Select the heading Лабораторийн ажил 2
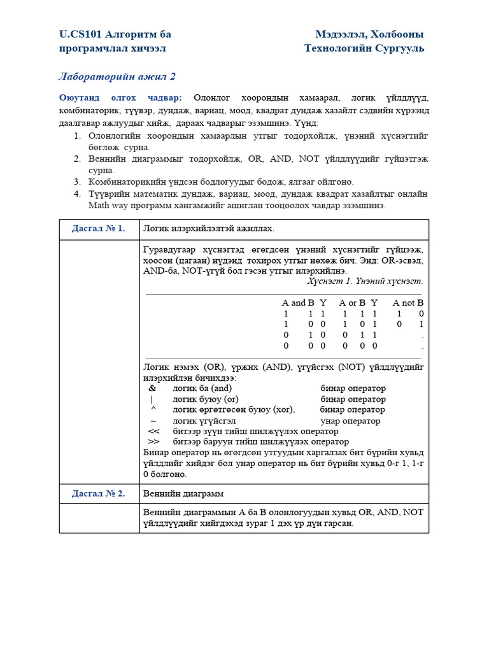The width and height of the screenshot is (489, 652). point(117,77)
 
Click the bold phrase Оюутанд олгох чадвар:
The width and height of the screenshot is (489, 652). point(120,97)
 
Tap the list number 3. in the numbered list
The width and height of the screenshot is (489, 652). point(77,182)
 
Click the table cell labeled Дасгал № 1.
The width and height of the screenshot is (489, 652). point(99,228)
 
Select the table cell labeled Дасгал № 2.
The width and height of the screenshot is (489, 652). point(99,493)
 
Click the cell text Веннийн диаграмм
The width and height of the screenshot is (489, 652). point(183,493)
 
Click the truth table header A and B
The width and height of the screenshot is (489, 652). point(298,303)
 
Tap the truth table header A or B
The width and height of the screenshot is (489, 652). point(352,303)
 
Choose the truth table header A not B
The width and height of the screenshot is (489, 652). point(407,303)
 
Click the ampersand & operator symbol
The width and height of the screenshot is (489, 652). point(152,388)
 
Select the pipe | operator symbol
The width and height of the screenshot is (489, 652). point(152,399)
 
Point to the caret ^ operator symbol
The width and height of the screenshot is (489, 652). point(153,410)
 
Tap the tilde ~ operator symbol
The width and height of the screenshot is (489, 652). point(153,421)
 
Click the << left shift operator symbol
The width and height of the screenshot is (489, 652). point(153,431)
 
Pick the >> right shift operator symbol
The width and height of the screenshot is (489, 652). point(153,442)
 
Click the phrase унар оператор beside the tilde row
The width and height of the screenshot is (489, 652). point(350,421)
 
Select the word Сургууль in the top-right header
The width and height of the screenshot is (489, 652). point(399,48)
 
